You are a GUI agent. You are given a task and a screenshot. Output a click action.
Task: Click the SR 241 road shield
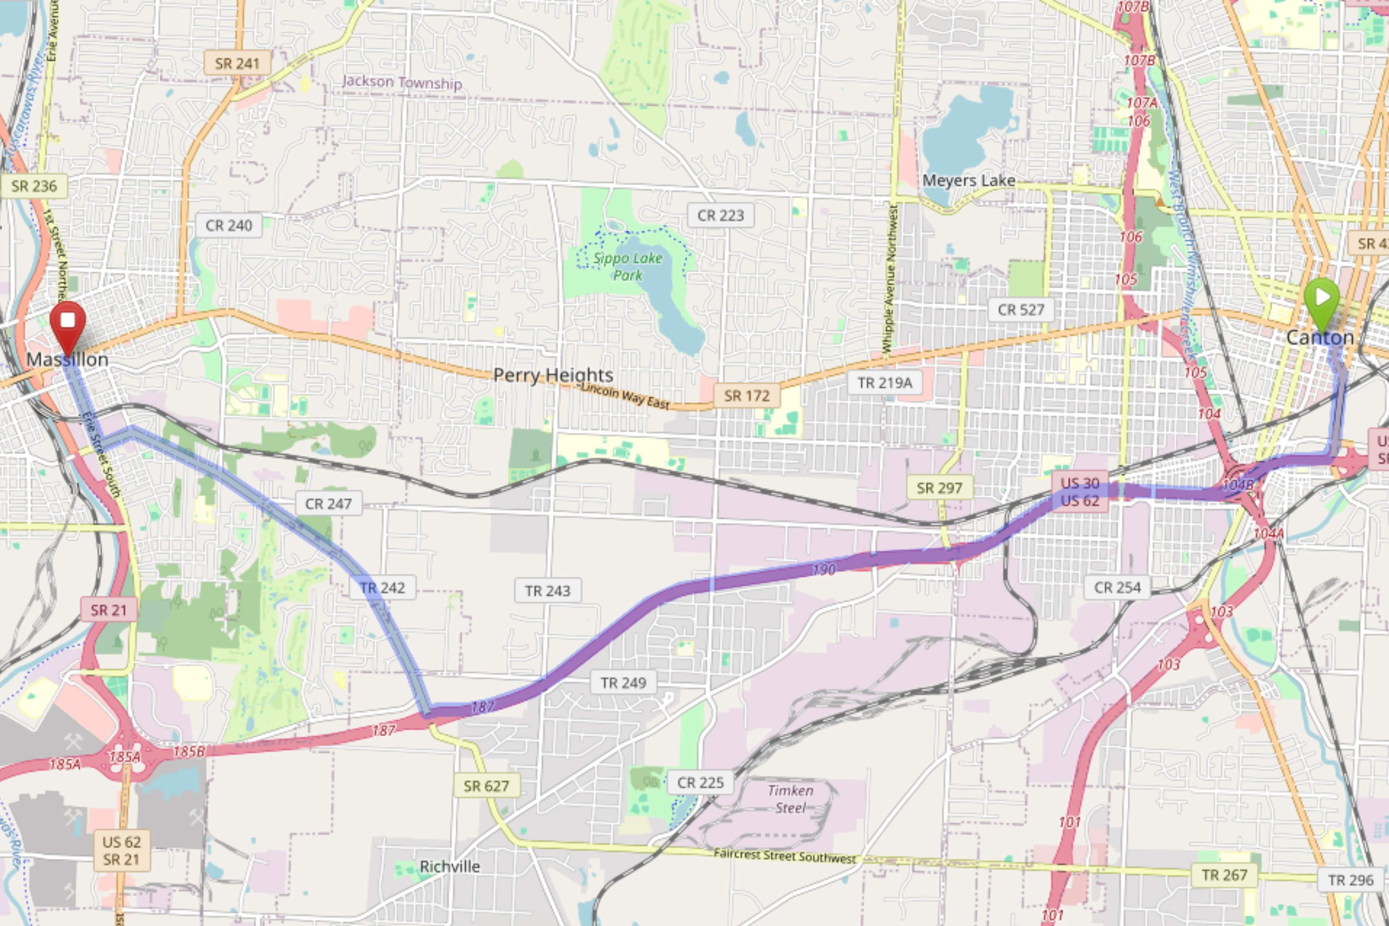(x=237, y=63)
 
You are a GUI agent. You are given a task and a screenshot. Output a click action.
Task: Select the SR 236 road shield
(x=34, y=186)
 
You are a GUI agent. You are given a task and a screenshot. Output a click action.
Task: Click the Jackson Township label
(x=402, y=82)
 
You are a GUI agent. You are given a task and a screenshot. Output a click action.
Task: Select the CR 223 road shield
(x=720, y=216)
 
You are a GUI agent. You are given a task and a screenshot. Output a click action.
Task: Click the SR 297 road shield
(x=939, y=488)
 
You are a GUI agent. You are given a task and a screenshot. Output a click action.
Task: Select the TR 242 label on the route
(x=382, y=587)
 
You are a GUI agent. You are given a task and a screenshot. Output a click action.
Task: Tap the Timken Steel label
(x=790, y=799)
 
